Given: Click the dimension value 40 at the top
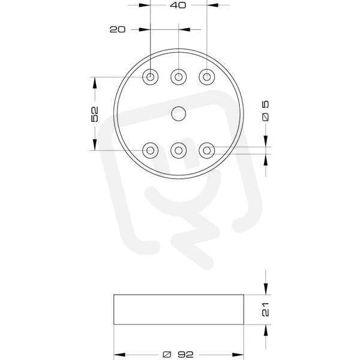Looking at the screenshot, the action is [178, 5].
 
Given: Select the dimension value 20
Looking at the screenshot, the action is [118, 29].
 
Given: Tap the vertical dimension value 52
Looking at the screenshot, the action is [95, 114].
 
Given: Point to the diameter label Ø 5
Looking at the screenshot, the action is [265, 111].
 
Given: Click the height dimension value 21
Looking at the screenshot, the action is [265, 310].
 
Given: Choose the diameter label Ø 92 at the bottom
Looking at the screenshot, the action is [178, 355].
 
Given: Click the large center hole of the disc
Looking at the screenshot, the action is [179, 113].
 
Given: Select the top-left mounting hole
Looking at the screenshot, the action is [151, 77].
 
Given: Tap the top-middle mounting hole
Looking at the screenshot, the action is [179, 77].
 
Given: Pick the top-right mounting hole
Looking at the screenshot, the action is [207, 77].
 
